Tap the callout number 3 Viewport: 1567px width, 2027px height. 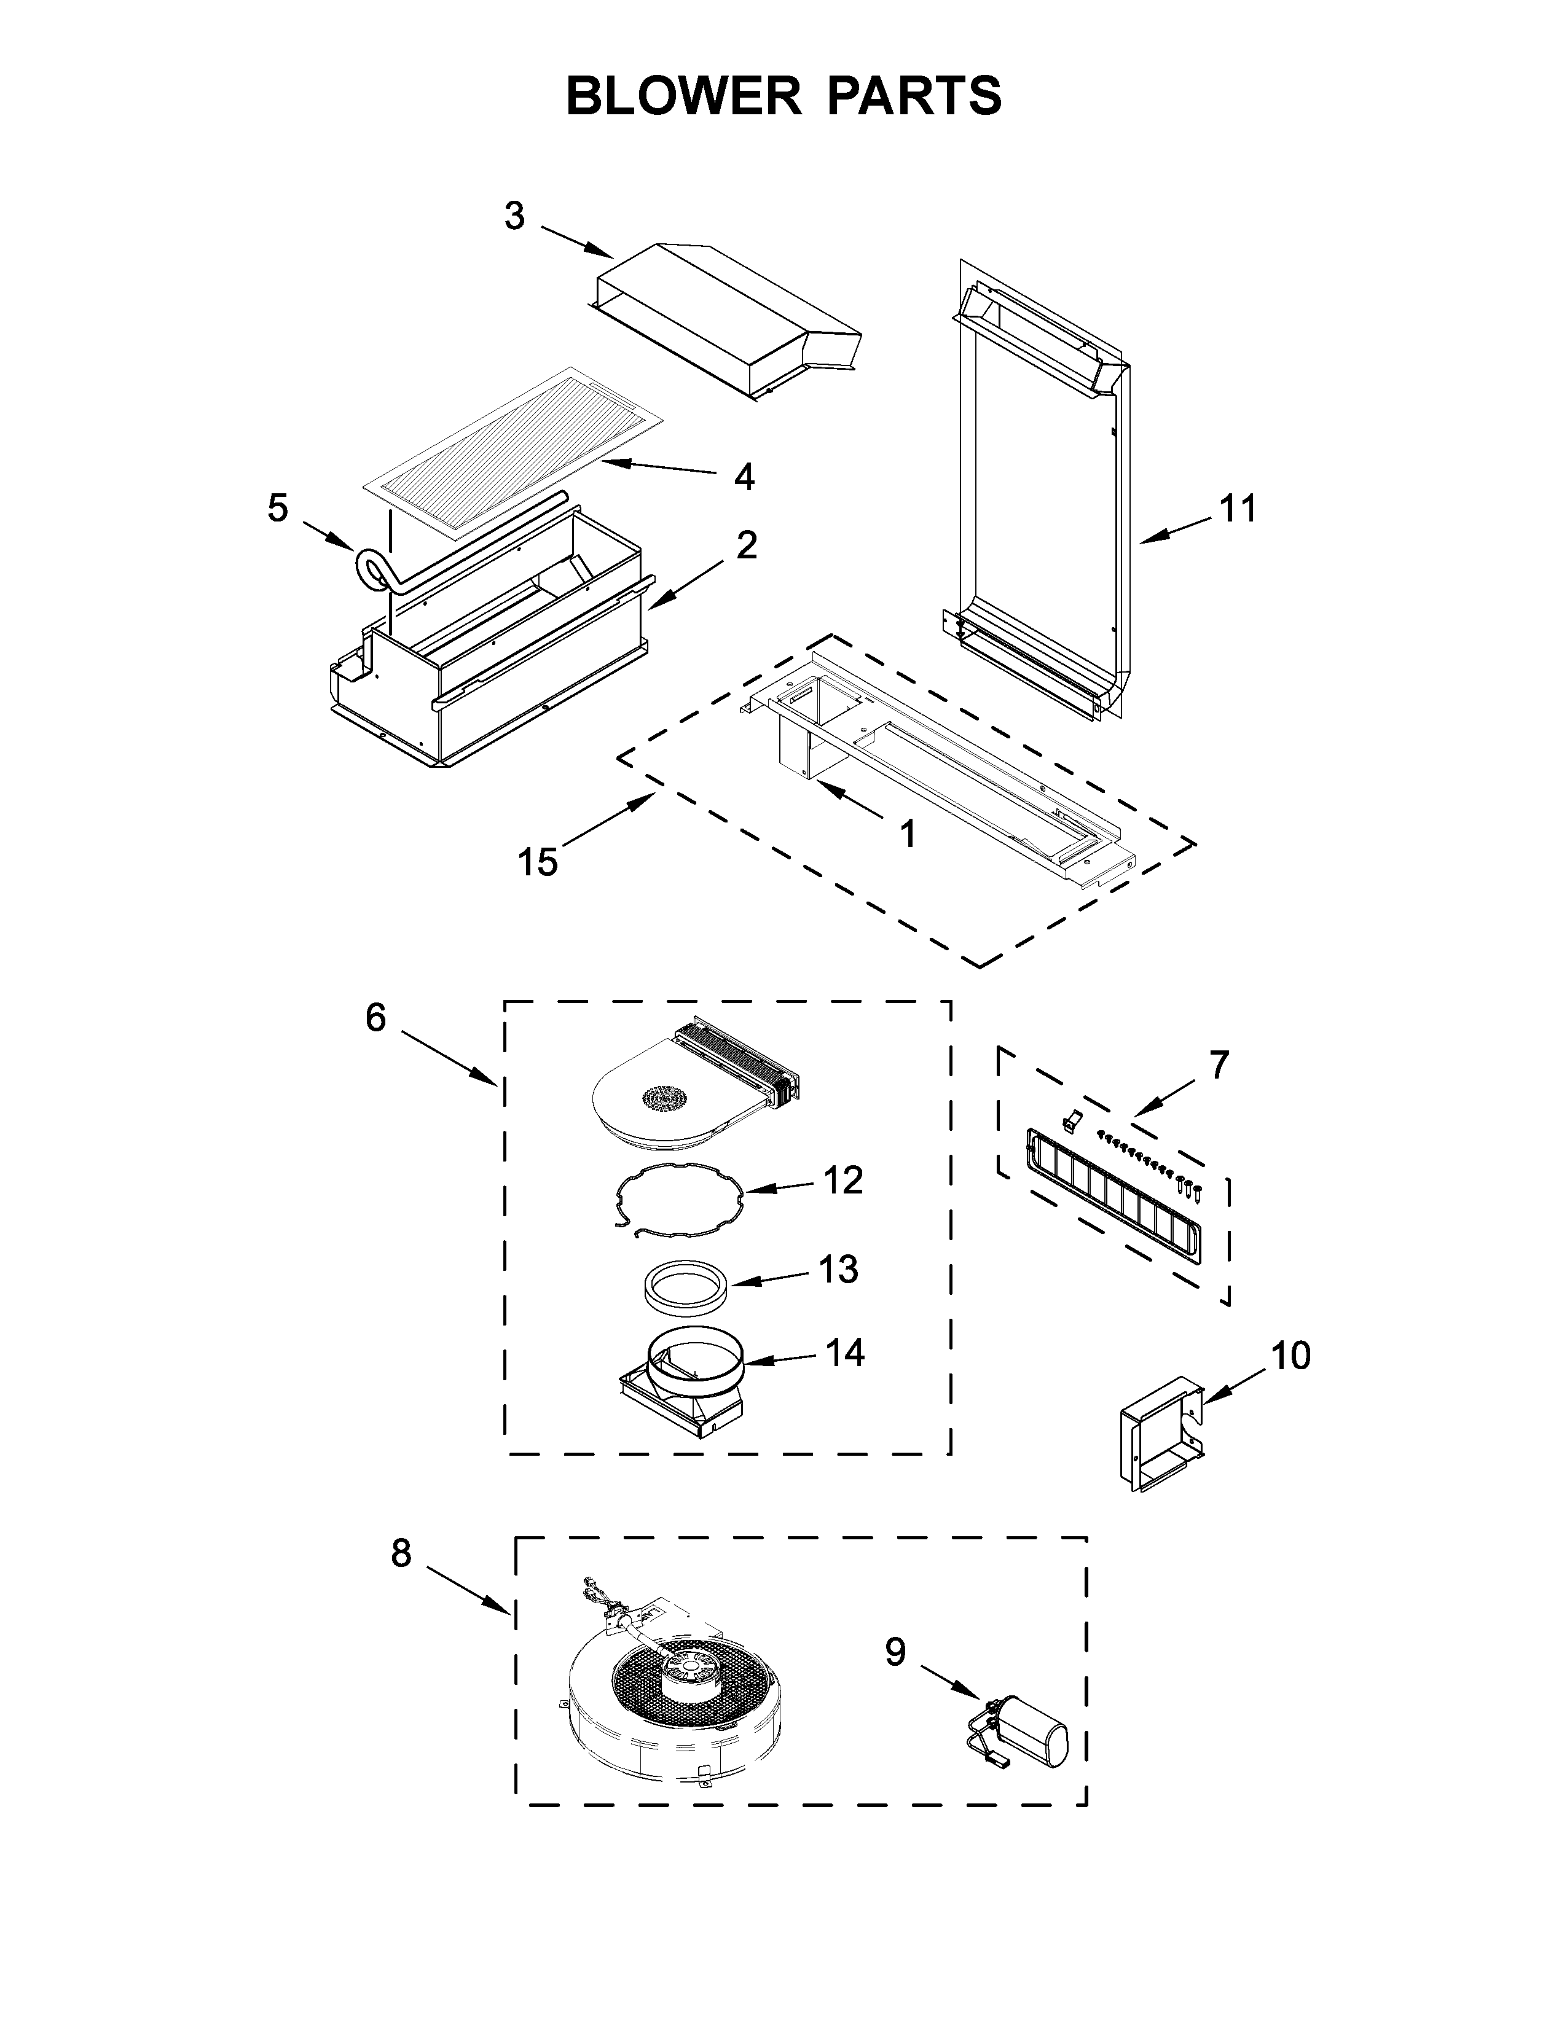pos(514,216)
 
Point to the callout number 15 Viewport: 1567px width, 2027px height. pos(538,861)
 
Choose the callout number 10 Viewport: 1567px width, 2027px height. pos(1290,1356)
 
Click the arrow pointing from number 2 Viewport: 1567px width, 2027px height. pos(686,585)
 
